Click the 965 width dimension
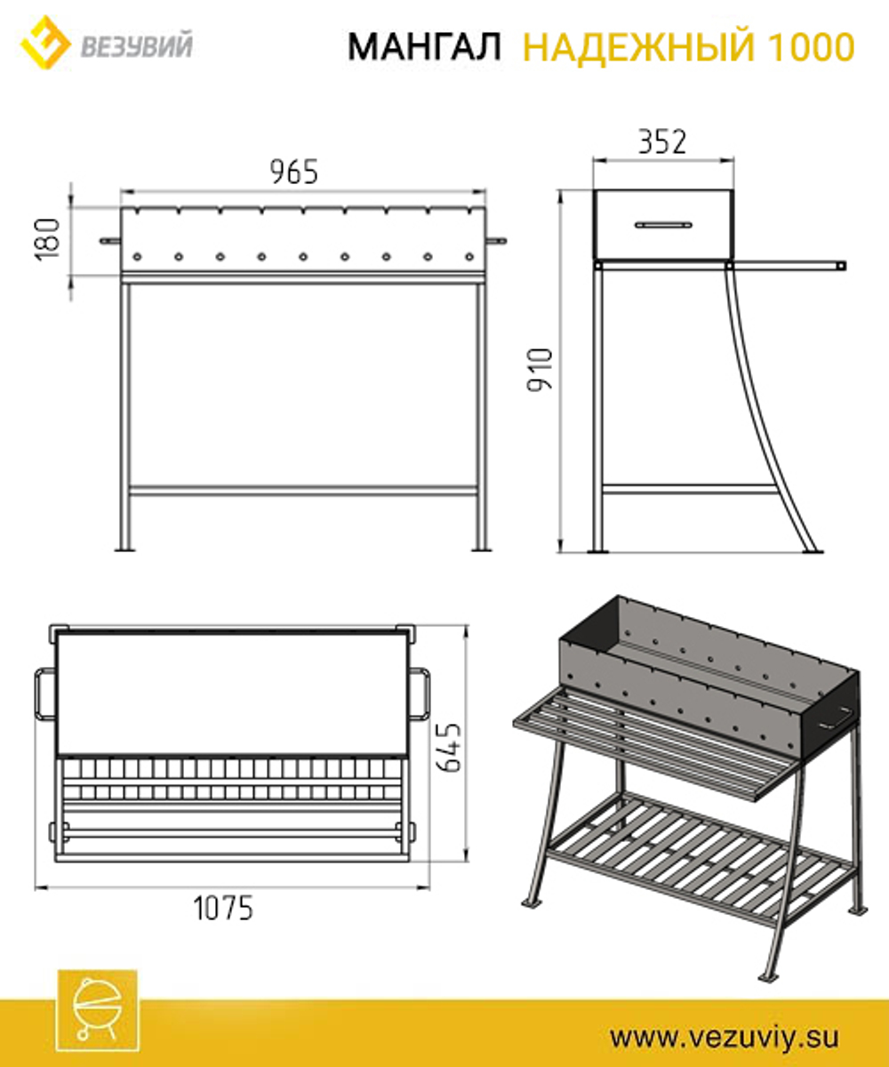293,172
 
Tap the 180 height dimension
47,240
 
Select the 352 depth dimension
662,141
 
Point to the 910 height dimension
540,370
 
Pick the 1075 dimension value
223,908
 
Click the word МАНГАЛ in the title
424,46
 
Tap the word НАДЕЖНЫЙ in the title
638,46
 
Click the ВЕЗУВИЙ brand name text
137,46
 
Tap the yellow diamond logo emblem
45,43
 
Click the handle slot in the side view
664,225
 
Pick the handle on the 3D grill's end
835,718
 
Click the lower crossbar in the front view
303,491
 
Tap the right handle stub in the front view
497,240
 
